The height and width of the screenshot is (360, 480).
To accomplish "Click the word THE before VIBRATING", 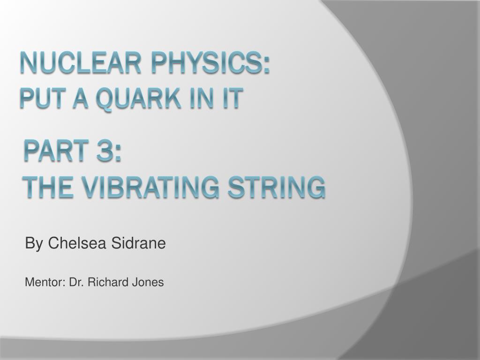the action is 48,187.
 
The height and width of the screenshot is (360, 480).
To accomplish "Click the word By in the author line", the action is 34,244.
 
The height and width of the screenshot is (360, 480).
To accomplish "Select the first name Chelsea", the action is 77,243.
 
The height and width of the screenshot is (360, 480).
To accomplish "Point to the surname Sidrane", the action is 138,243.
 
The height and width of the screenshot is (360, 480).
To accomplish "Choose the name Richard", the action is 108,282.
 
